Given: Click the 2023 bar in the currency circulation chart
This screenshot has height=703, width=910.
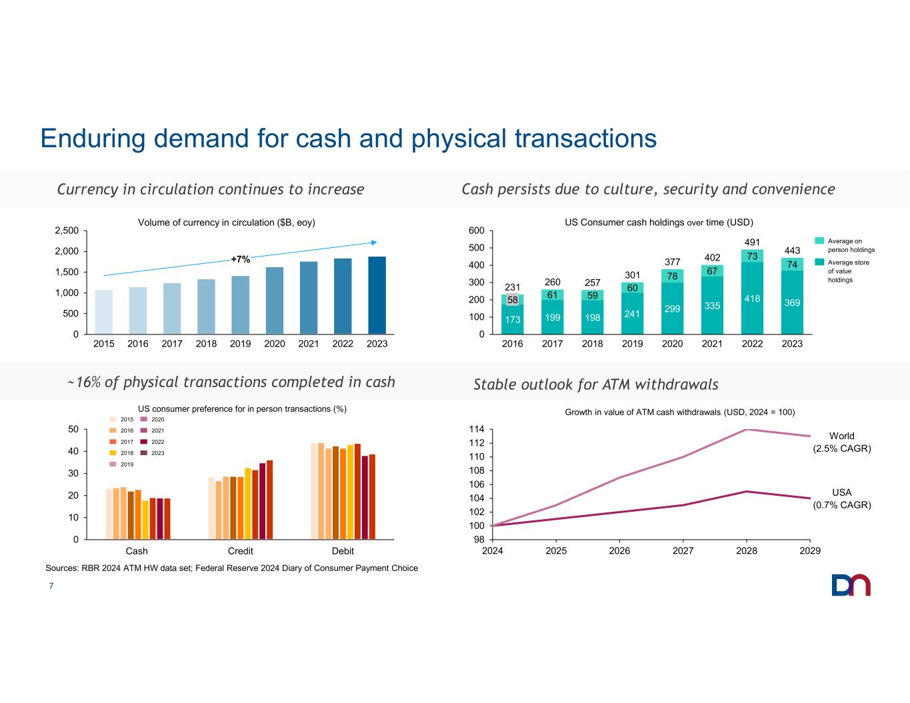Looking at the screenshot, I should pos(377,295).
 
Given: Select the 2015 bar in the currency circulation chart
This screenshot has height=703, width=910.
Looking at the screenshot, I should pos(104,312).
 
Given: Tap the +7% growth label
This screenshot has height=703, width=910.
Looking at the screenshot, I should pos(241,259).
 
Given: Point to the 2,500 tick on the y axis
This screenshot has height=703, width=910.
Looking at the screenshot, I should pos(67,231).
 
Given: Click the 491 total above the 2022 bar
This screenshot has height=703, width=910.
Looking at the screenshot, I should pos(752,242).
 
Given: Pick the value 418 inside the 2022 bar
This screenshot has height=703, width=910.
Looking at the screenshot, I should pos(752,299).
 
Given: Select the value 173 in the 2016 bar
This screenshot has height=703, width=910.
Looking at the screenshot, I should pos(513,320).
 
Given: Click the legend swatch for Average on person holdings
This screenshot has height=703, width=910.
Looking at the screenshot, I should pos(819,241).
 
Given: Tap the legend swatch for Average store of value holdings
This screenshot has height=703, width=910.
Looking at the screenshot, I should pos(819,262).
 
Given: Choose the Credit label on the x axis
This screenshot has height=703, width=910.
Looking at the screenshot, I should pos(241,551).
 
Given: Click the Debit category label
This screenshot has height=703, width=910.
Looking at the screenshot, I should pos(343,551).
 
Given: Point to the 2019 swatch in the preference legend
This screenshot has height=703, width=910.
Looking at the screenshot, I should pos(113,464).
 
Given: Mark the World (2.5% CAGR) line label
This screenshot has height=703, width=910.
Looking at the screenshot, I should pos(842,442).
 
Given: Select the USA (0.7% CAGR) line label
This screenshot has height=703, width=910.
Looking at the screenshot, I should pos(842,498).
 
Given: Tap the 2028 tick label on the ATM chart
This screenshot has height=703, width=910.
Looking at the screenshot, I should pos(746,551).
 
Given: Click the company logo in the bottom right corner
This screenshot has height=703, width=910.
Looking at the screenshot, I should pos(851,584).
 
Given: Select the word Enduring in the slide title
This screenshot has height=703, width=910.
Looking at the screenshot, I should pos(93,139).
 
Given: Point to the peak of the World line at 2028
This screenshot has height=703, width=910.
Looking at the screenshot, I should pos(746,429).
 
